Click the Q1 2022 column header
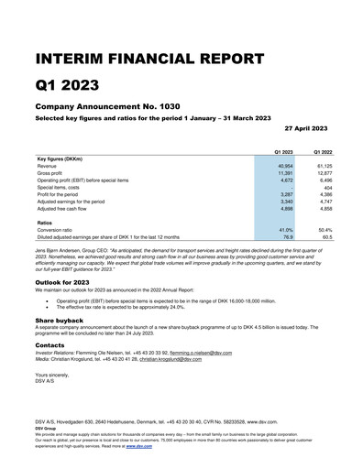click(324, 150)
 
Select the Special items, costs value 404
click(327, 187)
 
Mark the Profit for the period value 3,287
click(284, 194)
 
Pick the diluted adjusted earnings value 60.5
click(326, 236)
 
